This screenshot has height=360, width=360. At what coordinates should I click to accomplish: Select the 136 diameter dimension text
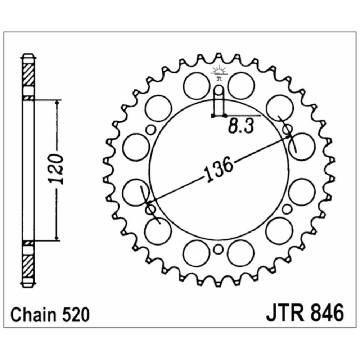tap(219, 169)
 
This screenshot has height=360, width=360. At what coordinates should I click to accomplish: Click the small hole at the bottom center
tap(219, 249)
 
